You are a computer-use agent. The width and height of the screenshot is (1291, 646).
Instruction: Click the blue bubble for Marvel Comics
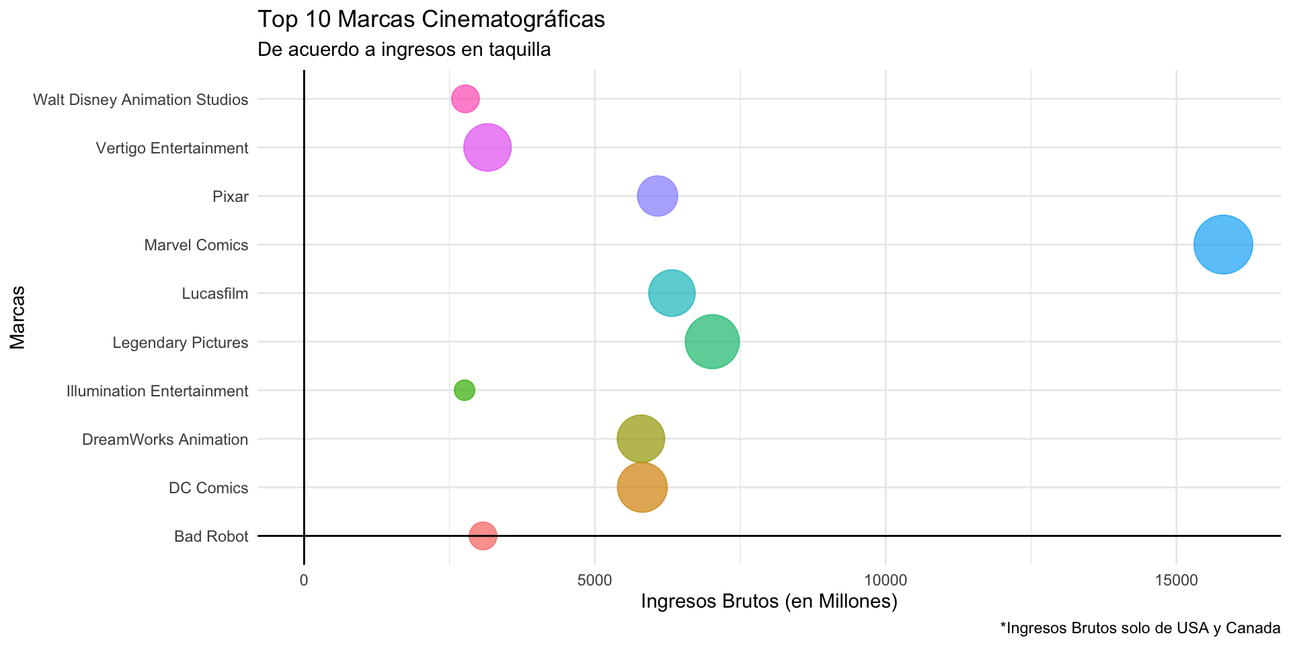point(1222,245)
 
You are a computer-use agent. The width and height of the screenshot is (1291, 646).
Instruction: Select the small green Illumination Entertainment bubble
point(464,390)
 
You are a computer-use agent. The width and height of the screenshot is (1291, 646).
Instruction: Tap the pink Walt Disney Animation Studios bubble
point(465,100)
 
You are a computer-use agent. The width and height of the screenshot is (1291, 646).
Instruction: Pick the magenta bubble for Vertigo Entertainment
point(487,148)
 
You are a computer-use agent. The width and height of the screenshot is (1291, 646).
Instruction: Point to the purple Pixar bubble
point(657,196)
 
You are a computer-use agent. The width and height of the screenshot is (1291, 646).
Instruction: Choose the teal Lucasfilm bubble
point(672,293)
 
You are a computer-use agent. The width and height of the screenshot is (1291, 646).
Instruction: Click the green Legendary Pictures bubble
point(712,342)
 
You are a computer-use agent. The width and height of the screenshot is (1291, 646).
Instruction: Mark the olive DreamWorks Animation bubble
point(641,439)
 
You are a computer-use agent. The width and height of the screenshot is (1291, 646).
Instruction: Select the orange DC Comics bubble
point(642,487)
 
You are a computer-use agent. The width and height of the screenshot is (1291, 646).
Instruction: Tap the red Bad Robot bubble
point(483,536)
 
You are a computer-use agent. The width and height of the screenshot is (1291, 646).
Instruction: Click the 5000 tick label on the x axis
point(595,580)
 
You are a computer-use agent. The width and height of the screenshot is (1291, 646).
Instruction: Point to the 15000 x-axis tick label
point(1176,580)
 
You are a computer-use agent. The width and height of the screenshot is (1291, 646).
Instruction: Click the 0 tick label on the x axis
point(304,580)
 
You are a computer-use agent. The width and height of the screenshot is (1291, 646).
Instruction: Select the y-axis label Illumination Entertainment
point(157,391)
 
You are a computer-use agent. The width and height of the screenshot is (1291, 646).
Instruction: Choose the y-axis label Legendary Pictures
point(180,343)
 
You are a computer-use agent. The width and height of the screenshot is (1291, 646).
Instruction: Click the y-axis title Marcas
point(17,318)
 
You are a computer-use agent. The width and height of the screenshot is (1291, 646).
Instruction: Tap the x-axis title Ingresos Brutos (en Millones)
point(769,601)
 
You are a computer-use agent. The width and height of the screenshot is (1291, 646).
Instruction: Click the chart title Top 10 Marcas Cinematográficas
point(431,20)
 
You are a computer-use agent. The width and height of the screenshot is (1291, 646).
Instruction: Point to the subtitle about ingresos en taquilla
point(404,49)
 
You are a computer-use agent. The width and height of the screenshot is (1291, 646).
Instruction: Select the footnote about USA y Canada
point(1140,629)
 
